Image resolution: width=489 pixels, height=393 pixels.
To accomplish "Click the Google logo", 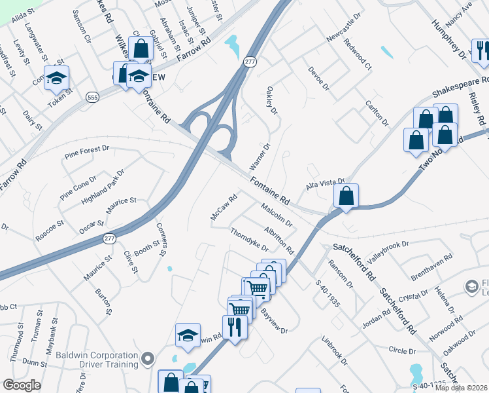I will pos(22,385).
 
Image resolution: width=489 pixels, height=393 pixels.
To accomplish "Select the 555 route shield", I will pos(92,97).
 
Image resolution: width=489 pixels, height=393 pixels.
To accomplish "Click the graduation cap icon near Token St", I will pos(57,79).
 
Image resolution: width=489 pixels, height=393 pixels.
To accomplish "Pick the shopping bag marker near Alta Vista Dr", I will pos(346,195).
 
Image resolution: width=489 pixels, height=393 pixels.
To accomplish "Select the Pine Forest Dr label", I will pos(87,153).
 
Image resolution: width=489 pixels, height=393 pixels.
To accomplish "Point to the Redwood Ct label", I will pos(358,58).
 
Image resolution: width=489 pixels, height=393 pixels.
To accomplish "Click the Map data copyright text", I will pos(462,388).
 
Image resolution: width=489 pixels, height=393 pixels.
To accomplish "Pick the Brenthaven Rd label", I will pos(431,267).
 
